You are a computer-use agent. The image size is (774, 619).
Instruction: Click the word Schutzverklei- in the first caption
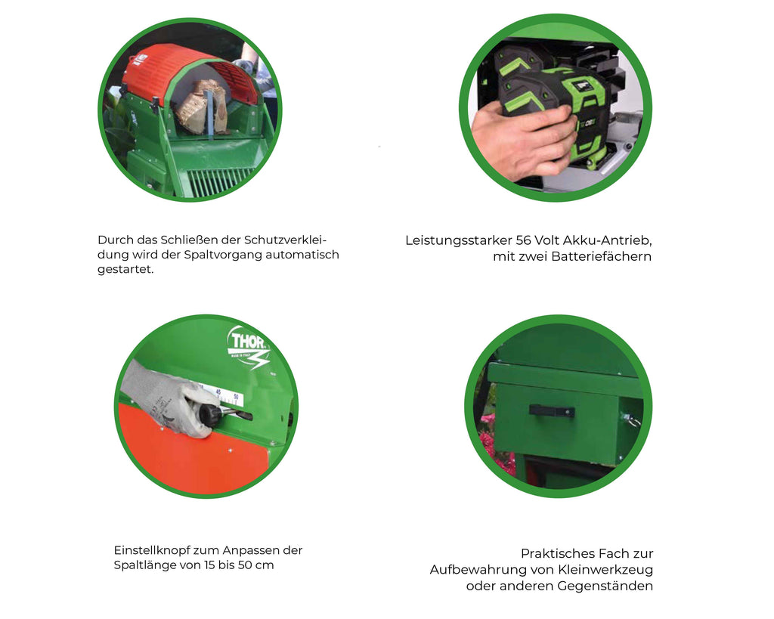pos(286,240)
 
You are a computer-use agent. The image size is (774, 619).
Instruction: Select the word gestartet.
pos(125,270)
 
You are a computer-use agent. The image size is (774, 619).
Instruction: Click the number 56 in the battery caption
pos(523,240)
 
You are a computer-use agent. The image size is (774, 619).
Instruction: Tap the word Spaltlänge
pos(144,565)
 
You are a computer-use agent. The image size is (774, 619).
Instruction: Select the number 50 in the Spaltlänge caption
pos(246,565)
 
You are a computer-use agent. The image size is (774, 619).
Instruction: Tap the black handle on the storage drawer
pos(551,411)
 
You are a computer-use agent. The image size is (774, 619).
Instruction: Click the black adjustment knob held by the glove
pos(209,413)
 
